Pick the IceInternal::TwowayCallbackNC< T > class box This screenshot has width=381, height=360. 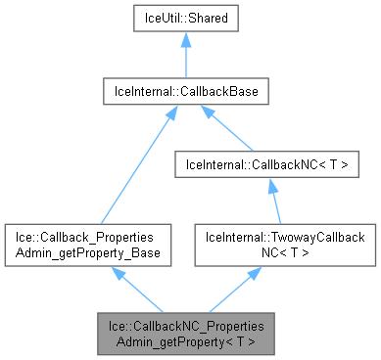pyautogui.click(x=266, y=246)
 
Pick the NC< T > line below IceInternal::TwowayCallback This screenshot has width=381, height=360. pyautogui.click(x=266, y=252)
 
